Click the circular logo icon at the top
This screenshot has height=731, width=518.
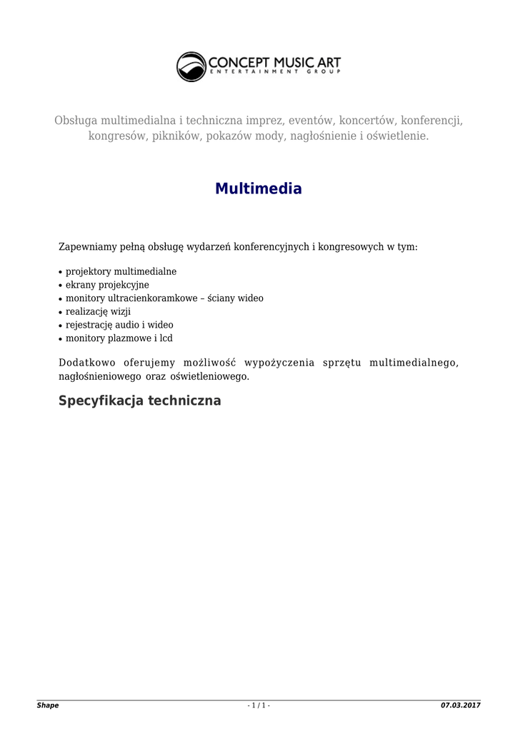click(x=191, y=66)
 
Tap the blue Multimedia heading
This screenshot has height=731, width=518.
click(x=259, y=189)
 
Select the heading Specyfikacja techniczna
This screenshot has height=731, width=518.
click(x=139, y=400)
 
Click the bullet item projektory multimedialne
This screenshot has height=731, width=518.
click(x=121, y=272)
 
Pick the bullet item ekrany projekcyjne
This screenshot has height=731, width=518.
click(x=107, y=285)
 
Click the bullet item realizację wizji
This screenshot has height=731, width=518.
click(x=99, y=311)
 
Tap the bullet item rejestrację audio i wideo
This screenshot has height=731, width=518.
click(x=119, y=325)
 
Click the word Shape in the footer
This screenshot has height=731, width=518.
click(x=48, y=705)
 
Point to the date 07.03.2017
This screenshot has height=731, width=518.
click(x=461, y=705)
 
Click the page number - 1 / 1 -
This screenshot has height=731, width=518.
click(x=259, y=705)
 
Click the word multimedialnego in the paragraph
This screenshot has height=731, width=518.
click(x=414, y=363)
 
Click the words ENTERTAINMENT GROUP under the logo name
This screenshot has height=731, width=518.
click(x=274, y=72)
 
